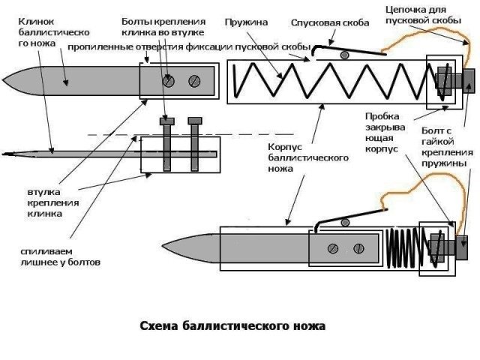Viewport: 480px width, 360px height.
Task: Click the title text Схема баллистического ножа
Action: [x=233, y=327]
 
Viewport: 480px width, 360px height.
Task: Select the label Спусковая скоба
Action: [x=330, y=23]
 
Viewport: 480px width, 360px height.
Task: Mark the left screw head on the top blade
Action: [x=169, y=81]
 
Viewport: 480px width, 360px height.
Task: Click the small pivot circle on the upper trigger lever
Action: [x=344, y=54]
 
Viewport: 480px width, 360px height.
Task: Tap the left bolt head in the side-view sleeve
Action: [x=168, y=120]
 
